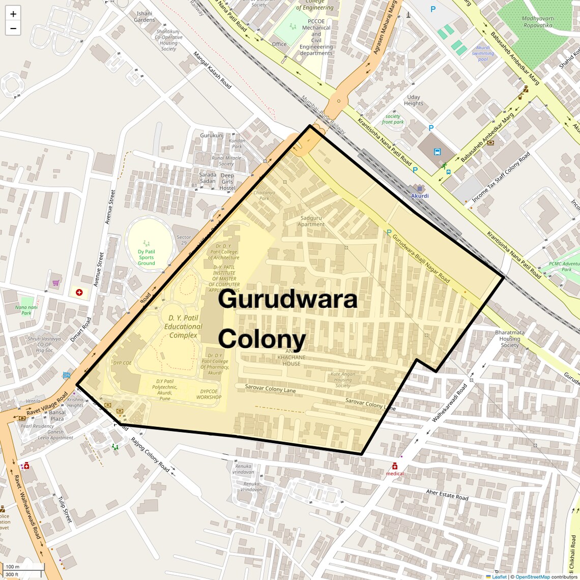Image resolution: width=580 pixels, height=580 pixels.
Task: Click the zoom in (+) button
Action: [x=13, y=14]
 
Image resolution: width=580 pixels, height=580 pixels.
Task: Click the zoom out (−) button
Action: [x=13, y=28]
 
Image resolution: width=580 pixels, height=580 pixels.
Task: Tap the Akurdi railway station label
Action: [x=420, y=195]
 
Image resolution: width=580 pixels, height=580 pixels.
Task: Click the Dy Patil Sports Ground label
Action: [x=146, y=257]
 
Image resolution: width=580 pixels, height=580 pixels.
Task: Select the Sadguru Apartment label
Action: [x=311, y=221]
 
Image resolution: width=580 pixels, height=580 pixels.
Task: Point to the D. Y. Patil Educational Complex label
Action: [x=183, y=327]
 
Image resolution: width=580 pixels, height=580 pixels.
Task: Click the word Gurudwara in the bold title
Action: [x=287, y=299]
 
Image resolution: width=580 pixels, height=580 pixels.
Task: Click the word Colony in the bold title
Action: [x=262, y=338]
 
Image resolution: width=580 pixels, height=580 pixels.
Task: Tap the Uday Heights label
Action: [x=414, y=100]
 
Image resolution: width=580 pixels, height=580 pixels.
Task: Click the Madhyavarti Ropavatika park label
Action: [x=538, y=22]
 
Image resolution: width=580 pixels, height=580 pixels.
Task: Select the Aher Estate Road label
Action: [x=447, y=494]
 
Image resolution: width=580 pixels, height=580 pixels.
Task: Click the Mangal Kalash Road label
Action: [x=212, y=70]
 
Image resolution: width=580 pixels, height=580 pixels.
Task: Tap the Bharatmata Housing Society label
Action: [x=509, y=339]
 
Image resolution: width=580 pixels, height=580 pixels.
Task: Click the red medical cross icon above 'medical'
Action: [x=395, y=466]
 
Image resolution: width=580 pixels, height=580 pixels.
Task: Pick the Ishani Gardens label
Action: [x=144, y=17]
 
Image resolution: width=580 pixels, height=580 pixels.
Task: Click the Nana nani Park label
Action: [x=26, y=310]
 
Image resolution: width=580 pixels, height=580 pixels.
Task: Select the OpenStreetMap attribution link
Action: [x=532, y=576]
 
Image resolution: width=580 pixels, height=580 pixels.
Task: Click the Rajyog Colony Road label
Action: [x=150, y=454]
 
